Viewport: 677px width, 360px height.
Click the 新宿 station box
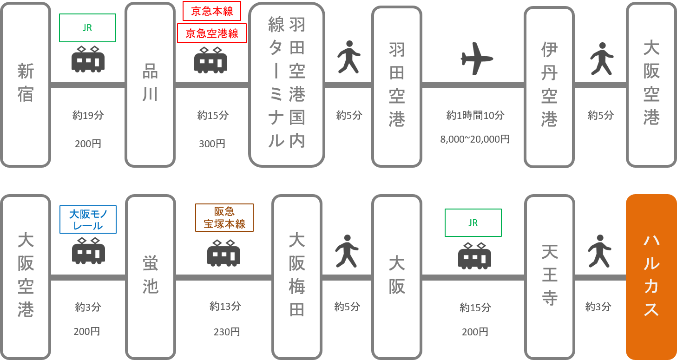26,85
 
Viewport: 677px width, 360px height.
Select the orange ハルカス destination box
651,277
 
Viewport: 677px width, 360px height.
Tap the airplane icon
476,59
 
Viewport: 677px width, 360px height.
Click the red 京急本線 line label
212,12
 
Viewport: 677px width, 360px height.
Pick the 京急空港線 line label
212,33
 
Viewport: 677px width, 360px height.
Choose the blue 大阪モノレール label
88,220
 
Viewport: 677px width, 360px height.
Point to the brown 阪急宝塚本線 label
224,217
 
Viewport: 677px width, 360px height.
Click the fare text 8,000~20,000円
475,139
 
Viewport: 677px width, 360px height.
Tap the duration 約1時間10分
475,115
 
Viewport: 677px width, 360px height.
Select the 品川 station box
150,85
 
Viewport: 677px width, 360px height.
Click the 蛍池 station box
150,277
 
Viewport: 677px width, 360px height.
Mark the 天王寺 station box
549,277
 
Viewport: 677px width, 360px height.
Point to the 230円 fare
226,332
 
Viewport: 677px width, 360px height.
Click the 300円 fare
212,144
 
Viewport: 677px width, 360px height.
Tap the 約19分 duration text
88,115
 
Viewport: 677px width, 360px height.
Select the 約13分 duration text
225,306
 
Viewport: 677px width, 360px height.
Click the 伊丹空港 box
549,85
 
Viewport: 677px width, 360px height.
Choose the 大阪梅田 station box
296,277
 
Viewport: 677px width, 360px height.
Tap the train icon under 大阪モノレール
88,251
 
